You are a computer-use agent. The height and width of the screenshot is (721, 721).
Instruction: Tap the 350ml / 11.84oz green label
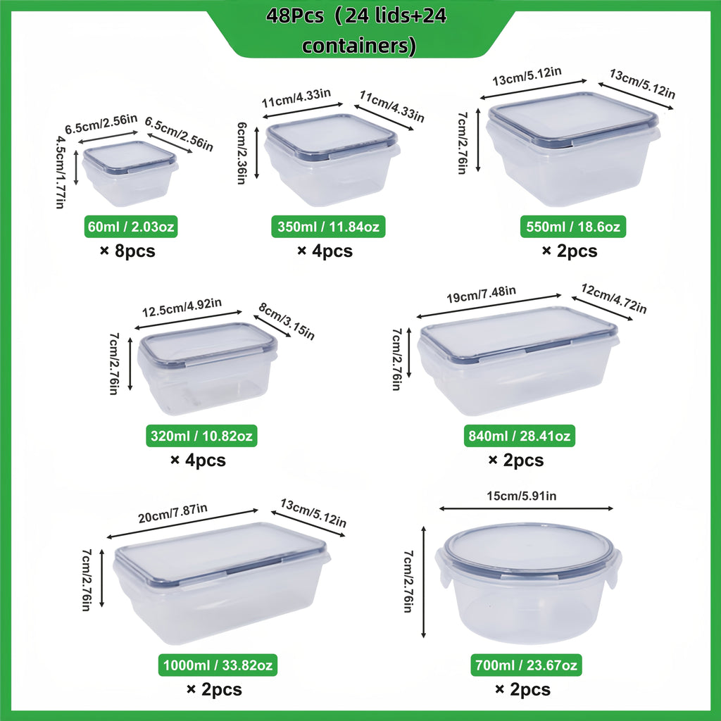point(328,227)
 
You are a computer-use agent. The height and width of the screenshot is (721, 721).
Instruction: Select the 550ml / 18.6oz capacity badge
point(573,227)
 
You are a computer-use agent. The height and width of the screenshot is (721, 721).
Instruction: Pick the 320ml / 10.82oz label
point(201,437)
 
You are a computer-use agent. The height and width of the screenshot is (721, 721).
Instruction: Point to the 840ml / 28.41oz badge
point(520,437)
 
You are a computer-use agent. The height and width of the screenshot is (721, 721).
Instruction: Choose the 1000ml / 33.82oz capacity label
point(218,665)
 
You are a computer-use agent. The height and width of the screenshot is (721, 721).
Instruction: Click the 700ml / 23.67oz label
point(526,665)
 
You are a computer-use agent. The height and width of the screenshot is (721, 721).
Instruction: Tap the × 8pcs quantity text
point(127,251)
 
